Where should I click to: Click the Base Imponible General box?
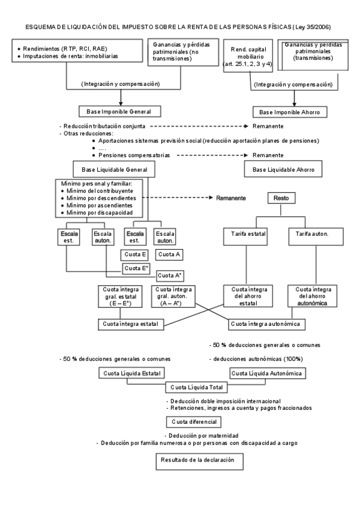pos(120,112)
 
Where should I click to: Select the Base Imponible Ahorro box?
pos(293,112)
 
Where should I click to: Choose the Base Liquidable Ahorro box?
pos(283,170)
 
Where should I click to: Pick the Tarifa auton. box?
pos(312,233)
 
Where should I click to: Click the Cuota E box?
pos(136,254)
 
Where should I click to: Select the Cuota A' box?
pos(170,276)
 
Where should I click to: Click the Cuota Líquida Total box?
pos(197,387)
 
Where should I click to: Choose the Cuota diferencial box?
pos(193,421)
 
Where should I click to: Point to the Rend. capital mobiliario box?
pos(248,56)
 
